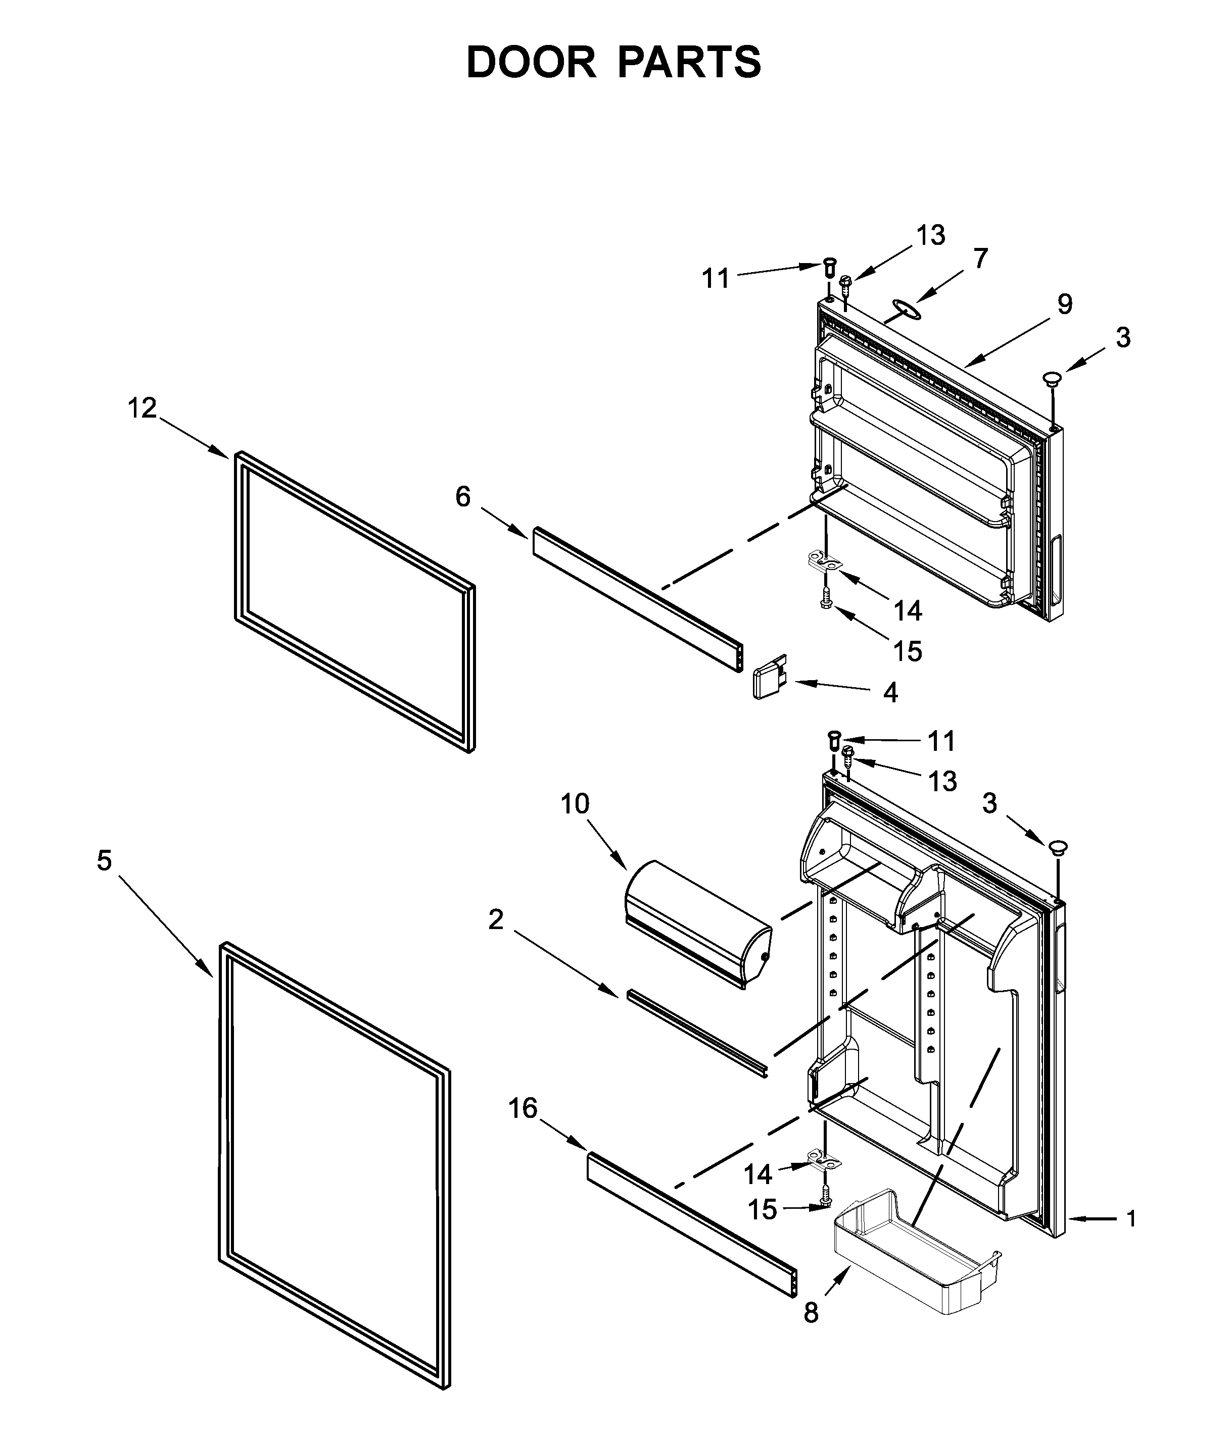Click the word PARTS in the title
(x=689, y=63)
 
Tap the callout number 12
(x=141, y=408)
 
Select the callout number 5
(x=104, y=861)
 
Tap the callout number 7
(x=979, y=259)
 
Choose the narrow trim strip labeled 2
(x=697, y=1033)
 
